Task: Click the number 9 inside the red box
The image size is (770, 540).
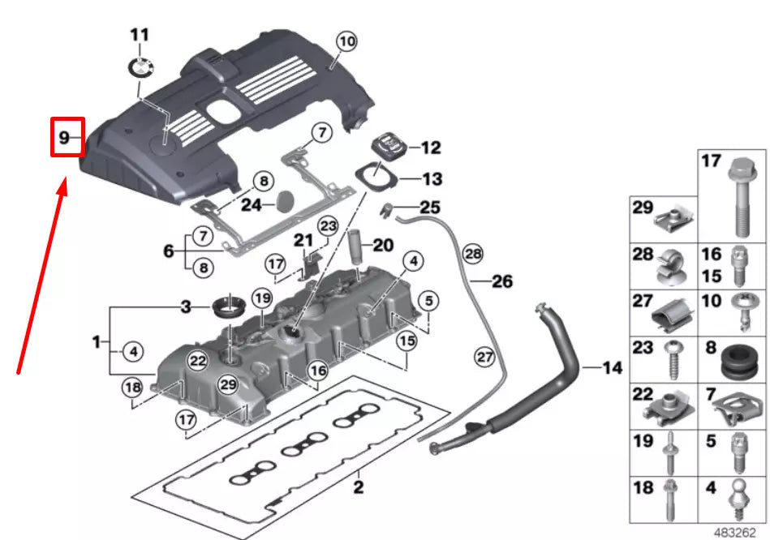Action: pyautogui.click(x=64, y=139)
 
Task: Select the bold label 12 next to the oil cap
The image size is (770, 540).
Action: pyautogui.click(x=430, y=148)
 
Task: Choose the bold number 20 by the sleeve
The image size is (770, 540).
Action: pyautogui.click(x=382, y=245)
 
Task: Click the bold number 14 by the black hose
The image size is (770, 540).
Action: pyautogui.click(x=613, y=368)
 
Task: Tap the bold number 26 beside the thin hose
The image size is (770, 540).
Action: pyautogui.click(x=502, y=281)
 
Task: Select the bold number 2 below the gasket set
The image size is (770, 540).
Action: pyautogui.click(x=358, y=487)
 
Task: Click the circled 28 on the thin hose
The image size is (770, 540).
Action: pyautogui.click(x=472, y=255)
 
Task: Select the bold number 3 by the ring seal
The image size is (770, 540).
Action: pyautogui.click(x=186, y=306)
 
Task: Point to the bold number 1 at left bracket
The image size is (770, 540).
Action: pyautogui.click(x=97, y=343)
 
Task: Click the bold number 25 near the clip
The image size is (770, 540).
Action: pyautogui.click(x=430, y=208)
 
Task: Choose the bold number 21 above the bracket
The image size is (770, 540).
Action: pyautogui.click(x=303, y=240)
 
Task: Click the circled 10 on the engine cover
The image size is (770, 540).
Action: pyautogui.click(x=346, y=40)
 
